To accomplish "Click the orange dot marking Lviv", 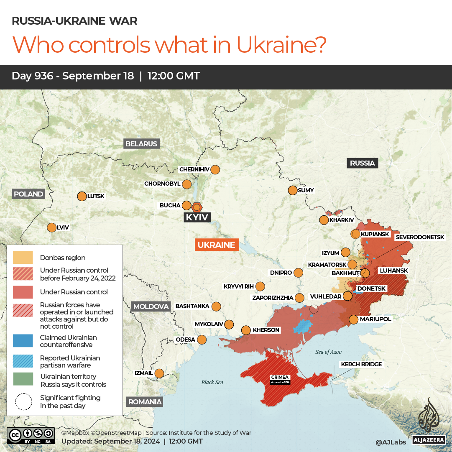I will (x=51, y=227).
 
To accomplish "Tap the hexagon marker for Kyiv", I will (x=197, y=207).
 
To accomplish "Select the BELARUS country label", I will (x=141, y=144).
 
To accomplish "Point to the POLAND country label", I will (x=28, y=194).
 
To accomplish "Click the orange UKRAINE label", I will (x=217, y=245).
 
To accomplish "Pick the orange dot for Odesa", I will (x=202, y=340).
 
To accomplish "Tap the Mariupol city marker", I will (x=354, y=319).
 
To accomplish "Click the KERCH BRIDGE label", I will (x=361, y=364).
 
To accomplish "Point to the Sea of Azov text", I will (x=329, y=352).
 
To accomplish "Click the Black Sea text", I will (x=212, y=382).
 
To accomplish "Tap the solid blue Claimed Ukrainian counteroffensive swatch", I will (x=23, y=341).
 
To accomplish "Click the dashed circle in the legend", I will (x=23, y=402).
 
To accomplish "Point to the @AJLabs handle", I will (x=390, y=442).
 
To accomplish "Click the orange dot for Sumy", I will (x=292, y=190).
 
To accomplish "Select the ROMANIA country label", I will (x=145, y=402).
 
